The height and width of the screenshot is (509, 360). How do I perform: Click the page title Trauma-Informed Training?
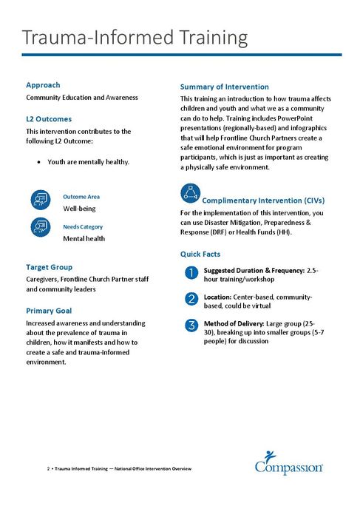(x=134, y=37)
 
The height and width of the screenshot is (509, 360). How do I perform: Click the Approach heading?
(x=43, y=85)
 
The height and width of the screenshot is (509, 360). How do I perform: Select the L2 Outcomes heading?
(x=49, y=118)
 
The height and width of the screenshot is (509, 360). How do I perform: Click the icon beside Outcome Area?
(x=41, y=200)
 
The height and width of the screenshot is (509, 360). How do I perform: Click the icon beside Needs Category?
(x=41, y=229)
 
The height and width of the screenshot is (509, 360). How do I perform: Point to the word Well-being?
(x=79, y=209)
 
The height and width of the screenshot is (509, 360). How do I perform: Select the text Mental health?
(x=84, y=239)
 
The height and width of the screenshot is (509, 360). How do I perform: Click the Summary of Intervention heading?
(x=225, y=87)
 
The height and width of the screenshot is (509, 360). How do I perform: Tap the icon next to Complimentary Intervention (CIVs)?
(x=191, y=195)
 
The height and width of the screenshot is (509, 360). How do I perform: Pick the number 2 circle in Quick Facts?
(x=190, y=299)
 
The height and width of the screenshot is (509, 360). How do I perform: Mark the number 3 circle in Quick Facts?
(x=190, y=325)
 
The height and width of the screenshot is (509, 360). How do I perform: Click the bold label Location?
(x=220, y=296)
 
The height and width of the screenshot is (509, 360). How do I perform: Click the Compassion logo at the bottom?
(x=288, y=462)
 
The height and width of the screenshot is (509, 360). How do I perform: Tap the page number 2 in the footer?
(x=48, y=470)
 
